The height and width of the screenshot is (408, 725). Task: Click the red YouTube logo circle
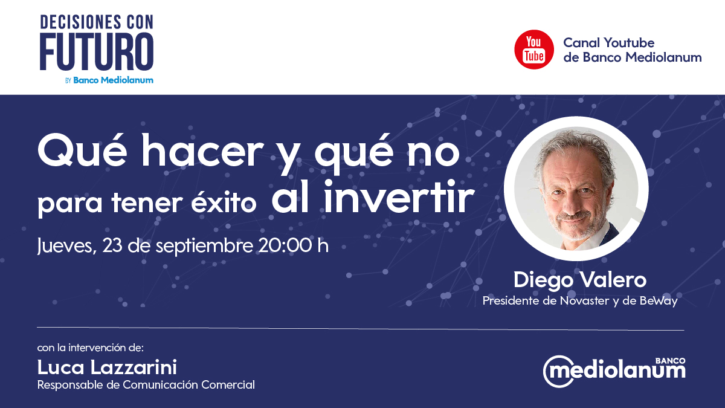pyautogui.click(x=534, y=50)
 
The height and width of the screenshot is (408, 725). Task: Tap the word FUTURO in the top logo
pyautogui.click(x=97, y=53)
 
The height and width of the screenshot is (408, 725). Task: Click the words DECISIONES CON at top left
pyautogui.click(x=97, y=23)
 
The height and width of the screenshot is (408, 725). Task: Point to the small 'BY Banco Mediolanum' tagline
pyautogui.click(x=109, y=80)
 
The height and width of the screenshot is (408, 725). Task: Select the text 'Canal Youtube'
pyautogui.click(x=608, y=43)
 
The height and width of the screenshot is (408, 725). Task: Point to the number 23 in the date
pyautogui.click(x=114, y=246)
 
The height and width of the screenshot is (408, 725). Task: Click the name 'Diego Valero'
pyautogui.click(x=579, y=280)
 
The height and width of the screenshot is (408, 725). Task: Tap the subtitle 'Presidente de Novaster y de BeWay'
pyautogui.click(x=579, y=300)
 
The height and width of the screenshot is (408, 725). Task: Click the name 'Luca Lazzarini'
pyautogui.click(x=107, y=367)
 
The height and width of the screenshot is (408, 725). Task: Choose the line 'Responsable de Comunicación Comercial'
pyautogui.click(x=146, y=384)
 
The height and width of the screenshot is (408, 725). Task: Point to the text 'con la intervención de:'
pyautogui.click(x=90, y=348)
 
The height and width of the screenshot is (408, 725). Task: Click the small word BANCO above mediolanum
pyautogui.click(x=672, y=360)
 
